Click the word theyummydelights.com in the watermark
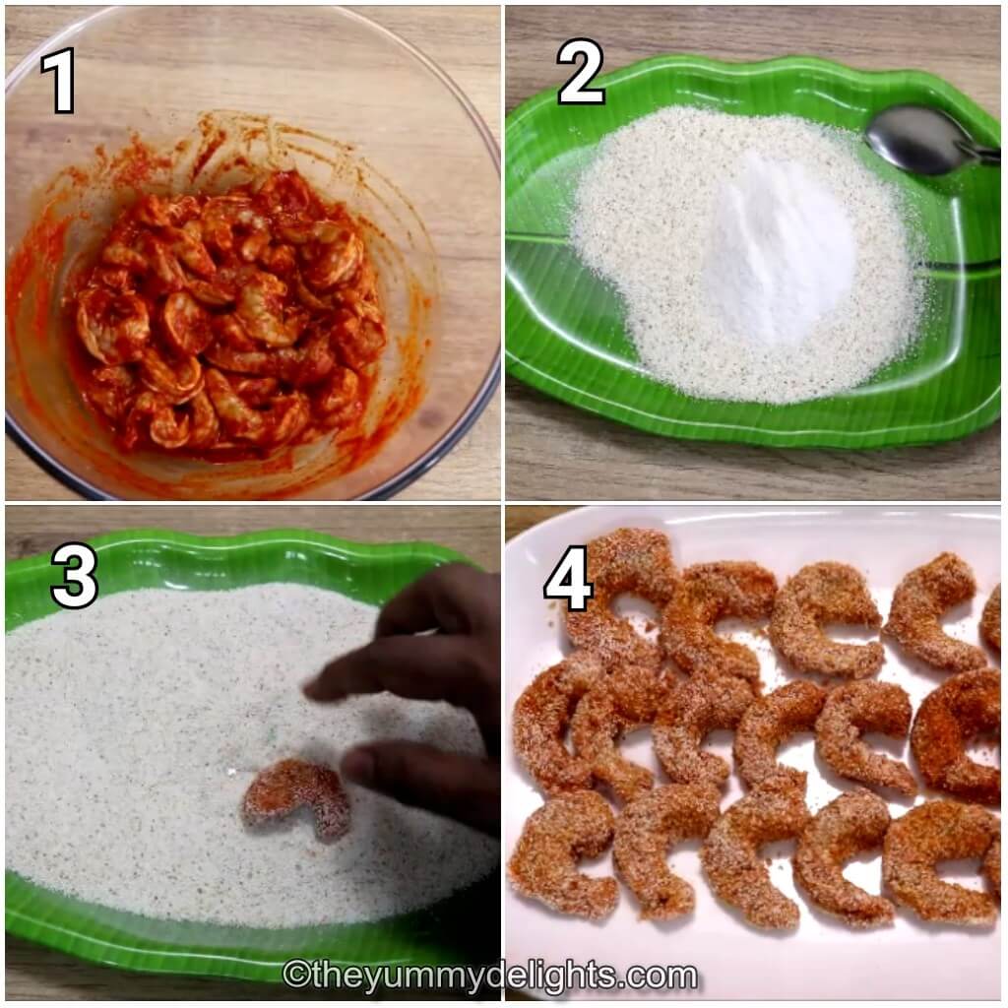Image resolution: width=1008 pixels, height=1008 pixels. (503, 976)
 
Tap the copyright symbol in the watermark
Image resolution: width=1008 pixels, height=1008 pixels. (292, 976)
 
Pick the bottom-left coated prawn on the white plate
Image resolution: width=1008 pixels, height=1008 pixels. (561, 856)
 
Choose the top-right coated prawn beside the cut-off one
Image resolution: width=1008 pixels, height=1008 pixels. (930, 610)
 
